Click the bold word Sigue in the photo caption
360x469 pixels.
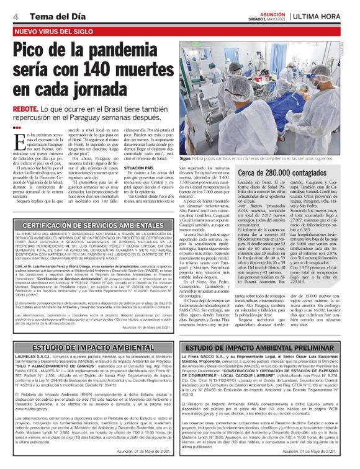click(186, 158)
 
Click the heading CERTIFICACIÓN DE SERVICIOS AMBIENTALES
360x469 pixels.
click(88, 243)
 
